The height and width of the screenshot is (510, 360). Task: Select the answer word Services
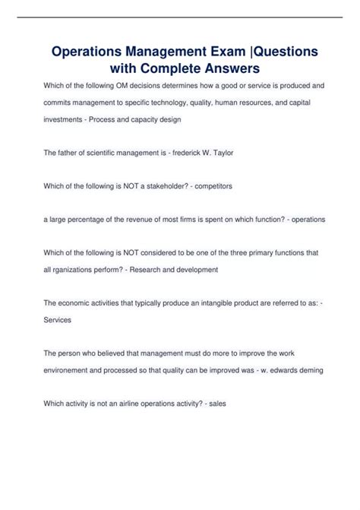pos(58,320)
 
